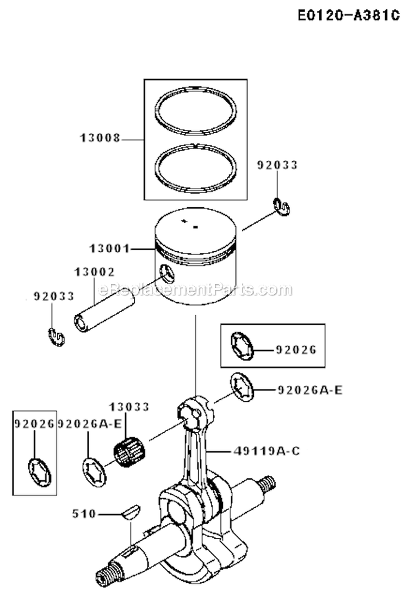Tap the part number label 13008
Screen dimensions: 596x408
coord(100,139)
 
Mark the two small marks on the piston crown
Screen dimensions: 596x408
coord(190,223)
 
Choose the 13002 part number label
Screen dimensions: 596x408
coord(95,272)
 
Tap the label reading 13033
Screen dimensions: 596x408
coord(129,407)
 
